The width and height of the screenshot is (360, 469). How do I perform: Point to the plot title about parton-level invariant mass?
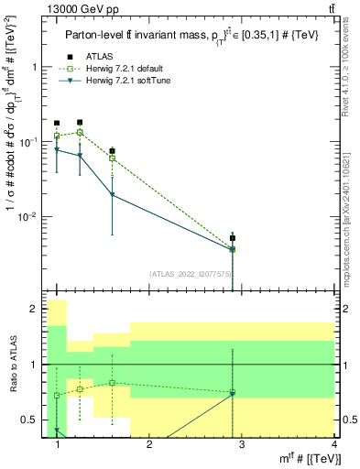point(191,35)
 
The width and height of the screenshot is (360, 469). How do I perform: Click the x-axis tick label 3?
point(240,444)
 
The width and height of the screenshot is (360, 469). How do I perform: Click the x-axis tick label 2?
point(148,444)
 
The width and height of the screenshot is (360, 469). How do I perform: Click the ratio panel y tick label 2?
point(34,310)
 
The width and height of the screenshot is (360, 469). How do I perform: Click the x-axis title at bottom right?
point(307,458)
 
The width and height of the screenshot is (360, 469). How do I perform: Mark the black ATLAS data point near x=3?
point(233,238)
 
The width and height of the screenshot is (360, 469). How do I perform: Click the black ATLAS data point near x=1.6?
point(112,151)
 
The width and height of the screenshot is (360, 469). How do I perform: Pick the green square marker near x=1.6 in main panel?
point(112,158)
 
